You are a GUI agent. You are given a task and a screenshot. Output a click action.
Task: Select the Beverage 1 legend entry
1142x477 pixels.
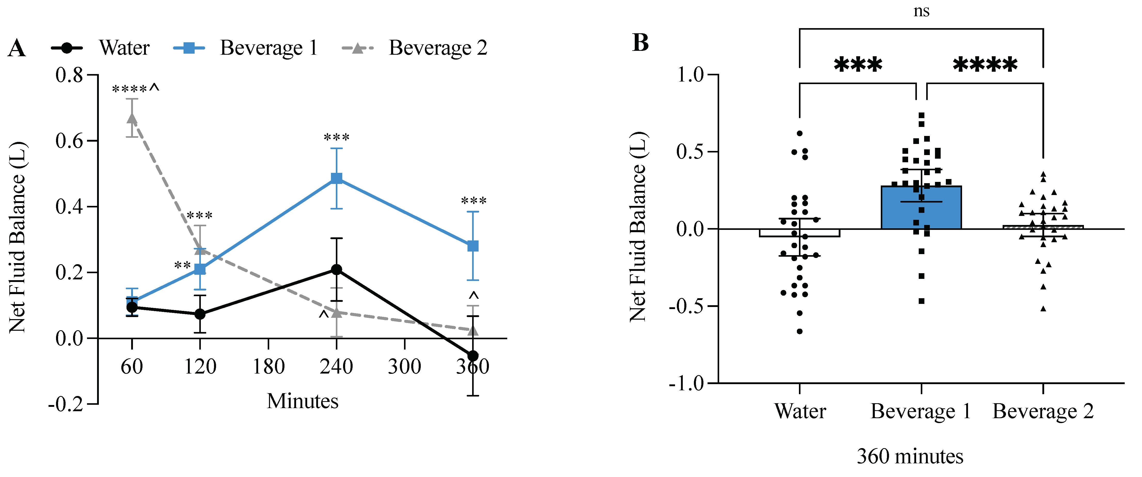[268, 48]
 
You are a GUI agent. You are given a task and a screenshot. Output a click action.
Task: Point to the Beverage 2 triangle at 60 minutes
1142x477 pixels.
[132, 118]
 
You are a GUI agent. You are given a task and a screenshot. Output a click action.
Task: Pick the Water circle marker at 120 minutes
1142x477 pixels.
[200, 314]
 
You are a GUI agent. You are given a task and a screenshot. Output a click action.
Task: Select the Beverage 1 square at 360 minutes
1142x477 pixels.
[473, 246]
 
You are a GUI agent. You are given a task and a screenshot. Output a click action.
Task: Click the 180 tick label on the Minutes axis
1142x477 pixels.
[268, 367]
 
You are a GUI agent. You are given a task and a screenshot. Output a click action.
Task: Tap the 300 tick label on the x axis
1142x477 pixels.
[404, 367]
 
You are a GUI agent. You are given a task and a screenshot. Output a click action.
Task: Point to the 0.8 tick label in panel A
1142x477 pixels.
[70, 75]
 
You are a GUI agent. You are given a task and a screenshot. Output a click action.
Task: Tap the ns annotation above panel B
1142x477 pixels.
[921, 11]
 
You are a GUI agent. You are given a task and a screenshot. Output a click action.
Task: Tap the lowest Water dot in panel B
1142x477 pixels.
[800, 331]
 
